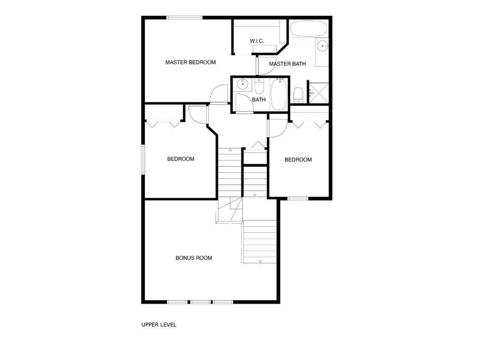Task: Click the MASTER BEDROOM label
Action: click(190, 62)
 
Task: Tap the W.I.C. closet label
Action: click(257, 41)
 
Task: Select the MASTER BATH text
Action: click(287, 64)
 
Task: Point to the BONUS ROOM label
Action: click(194, 258)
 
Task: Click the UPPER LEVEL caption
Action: click(159, 324)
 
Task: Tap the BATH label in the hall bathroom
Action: click(259, 100)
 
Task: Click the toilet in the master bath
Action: click(298, 95)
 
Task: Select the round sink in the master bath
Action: click(322, 46)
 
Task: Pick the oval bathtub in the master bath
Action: click(308, 29)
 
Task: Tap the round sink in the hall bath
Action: click(243, 84)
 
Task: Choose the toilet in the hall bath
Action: click(259, 86)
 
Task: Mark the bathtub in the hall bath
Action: click(279, 94)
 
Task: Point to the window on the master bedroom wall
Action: click(184, 18)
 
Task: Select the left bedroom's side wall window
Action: click(143, 160)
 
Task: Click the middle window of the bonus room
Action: click(200, 302)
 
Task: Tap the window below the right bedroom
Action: click(298, 199)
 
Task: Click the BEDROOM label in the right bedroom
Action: click(298, 160)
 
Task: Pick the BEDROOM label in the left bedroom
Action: click(181, 159)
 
